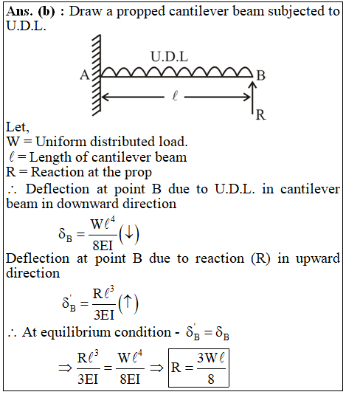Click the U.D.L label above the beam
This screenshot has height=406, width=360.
(x=169, y=56)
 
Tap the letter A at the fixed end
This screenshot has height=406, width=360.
(x=85, y=75)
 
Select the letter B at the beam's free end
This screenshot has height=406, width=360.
(x=261, y=75)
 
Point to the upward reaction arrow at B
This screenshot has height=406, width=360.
(x=253, y=97)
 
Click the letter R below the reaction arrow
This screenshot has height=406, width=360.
(x=260, y=114)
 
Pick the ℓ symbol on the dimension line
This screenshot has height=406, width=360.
(x=175, y=96)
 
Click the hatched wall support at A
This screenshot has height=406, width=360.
(x=97, y=75)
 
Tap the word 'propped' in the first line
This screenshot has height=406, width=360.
(x=140, y=12)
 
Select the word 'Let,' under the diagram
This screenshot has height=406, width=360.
(x=18, y=127)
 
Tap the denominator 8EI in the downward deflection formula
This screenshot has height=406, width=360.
(x=103, y=245)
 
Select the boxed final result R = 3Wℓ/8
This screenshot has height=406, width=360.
(x=198, y=368)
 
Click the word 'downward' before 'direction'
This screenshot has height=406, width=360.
(x=88, y=204)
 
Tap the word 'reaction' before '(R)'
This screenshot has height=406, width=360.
(x=220, y=258)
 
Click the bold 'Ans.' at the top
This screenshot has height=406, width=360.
(x=20, y=11)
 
